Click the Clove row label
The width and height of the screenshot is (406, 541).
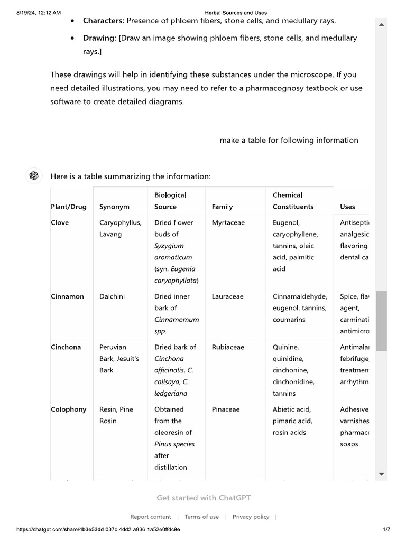tap(60, 222)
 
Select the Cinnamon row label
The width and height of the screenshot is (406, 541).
tap(67, 296)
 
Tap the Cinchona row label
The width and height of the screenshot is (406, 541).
tap(66, 347)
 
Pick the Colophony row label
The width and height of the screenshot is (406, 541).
tap(68, 409)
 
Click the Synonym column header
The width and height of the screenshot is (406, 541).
tap(114, 207)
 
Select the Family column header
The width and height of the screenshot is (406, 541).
tap(222, 207)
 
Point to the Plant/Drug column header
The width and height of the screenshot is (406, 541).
tap(68, 207)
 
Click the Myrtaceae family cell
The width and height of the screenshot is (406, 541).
tap(228, 222)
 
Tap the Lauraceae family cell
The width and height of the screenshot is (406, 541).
tap(227, 296)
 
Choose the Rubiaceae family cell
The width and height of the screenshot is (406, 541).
tap(228, 347)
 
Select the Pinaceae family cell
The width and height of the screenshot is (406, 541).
tap(225, 409)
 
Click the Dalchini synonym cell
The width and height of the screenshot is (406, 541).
tap(112, 296)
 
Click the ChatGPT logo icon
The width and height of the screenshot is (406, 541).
tap(34, 176)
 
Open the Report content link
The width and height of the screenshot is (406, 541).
tap(151, 517)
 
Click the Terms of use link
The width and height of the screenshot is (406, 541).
tap(201, 517)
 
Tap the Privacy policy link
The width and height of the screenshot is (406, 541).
tap(251, 517)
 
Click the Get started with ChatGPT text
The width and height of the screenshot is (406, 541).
tap(204, 498)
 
